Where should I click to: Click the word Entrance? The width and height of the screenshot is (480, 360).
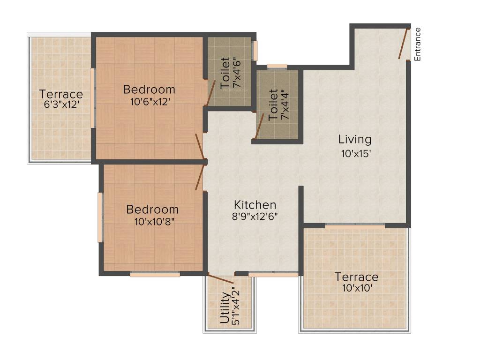point(418,44)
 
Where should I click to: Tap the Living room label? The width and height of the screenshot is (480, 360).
point(355,139)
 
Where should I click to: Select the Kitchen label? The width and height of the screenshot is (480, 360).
point(255,205)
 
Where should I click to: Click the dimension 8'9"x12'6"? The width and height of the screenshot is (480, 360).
point(255,217)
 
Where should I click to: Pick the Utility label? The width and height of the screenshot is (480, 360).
point(225,309)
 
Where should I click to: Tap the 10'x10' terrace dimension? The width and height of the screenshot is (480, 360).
point(357,288)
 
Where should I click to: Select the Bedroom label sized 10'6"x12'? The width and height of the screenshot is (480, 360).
point(149,89)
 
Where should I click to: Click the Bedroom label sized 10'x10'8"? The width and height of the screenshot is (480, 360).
point(152,209)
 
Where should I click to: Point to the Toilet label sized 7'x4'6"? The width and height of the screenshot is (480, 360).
point(225,73)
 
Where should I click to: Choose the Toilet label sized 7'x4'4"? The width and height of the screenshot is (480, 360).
point(273,105)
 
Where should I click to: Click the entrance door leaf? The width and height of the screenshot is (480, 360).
point(403,43)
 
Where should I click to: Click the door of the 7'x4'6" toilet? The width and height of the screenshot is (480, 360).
point(211,92)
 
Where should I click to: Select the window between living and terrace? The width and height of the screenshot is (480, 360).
point(355,226)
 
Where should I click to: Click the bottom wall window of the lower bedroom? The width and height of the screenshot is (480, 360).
point(155,275)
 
